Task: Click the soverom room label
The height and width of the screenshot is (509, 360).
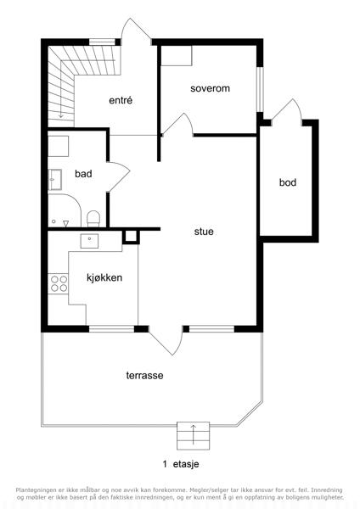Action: [x=210, y=88]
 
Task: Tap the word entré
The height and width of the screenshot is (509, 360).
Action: [x=121, y=100]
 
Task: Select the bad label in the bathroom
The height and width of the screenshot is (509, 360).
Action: [x=83, y=174]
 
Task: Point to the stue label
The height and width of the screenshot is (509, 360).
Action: [x=204, y=232]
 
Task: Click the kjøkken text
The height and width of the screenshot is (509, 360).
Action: [x=104, y=278]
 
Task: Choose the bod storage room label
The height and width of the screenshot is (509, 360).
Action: [x=288, y=182]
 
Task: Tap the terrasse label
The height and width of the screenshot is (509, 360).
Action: [x=144, y=376]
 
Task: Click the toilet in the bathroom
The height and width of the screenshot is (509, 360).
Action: [x=93, y=218]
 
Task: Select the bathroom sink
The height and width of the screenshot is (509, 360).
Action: [x=55, y=180]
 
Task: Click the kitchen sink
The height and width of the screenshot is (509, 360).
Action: [x=89, y=241]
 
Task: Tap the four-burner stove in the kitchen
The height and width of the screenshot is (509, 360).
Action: [x=58, y=283]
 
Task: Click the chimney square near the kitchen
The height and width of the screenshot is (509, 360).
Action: [x=131, y=237]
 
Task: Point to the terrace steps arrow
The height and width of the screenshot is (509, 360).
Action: [x=193, y=434]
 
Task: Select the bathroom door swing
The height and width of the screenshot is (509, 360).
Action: [x=119, y=177]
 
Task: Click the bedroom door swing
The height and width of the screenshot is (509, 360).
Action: [x=178, y=123]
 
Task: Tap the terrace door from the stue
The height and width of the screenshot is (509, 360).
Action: [x=166, y=341]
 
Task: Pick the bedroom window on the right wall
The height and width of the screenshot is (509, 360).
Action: [x=260, y=90]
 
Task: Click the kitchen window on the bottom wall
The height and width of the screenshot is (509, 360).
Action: [x=111, y=329]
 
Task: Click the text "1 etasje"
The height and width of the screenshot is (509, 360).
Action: [x=181, y=464]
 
